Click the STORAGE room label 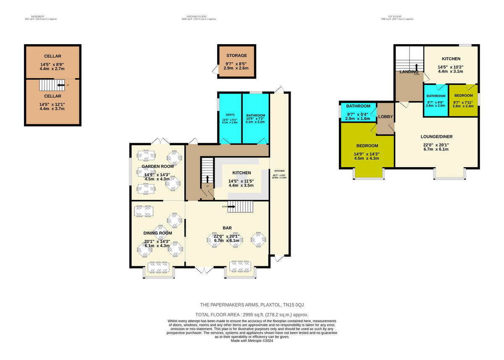tap(236, 55)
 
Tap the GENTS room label tap(229, 115)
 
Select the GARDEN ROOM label tap(157, 166)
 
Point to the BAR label tap(227, 228)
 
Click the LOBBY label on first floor tap(385, 116)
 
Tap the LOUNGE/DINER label tap(436, 137)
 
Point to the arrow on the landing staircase tap(416, 68)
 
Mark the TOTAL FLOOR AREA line tap(252, 315)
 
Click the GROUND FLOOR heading tap(199, 16)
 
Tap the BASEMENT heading tap(41, 16)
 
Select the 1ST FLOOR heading tap(397, 16)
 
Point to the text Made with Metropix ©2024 tap(252, 341)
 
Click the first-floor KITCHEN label tap(451, 59)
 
